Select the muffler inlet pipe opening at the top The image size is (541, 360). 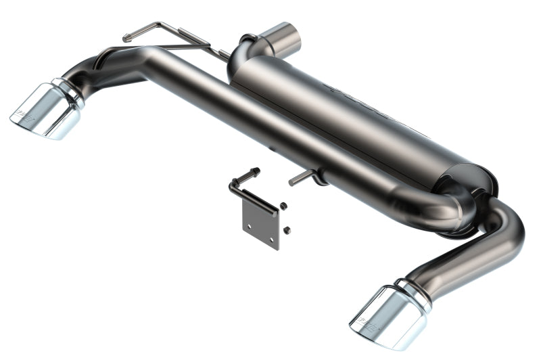(284, 39)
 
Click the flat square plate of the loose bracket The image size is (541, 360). (260, 224)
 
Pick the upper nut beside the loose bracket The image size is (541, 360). (283, 206)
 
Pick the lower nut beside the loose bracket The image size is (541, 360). (287, 230)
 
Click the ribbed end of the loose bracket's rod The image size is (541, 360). (254, 172)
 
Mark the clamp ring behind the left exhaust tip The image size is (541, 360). (70, 93)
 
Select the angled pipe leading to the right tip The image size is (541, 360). (467, 261)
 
